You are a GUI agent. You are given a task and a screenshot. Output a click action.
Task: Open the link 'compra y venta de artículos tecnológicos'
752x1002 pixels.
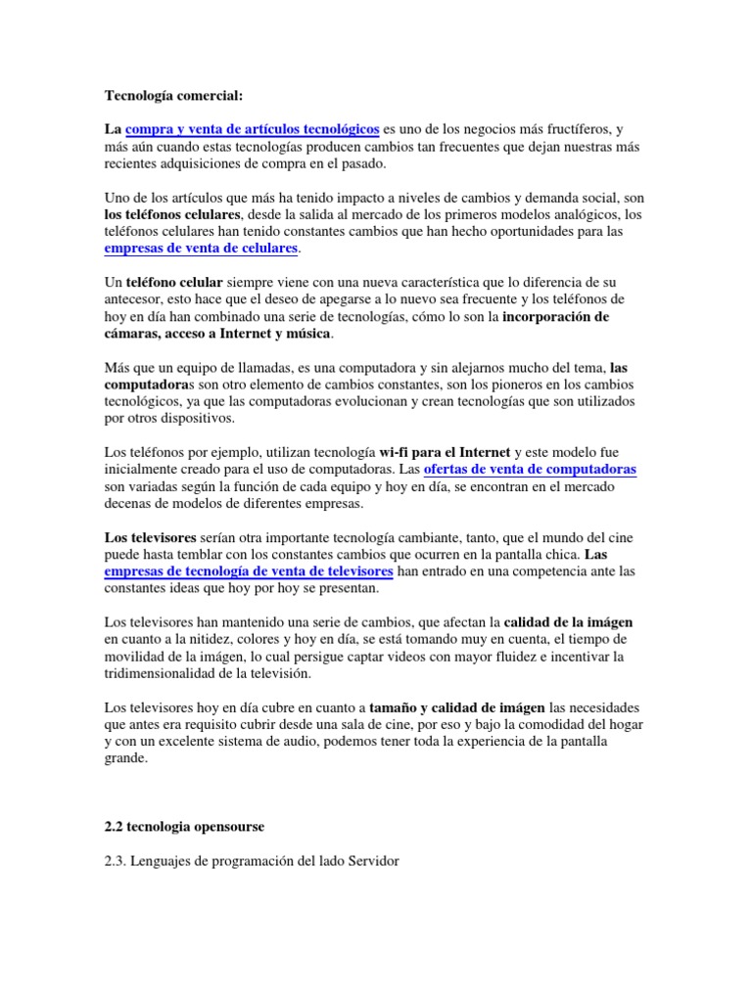(253, 129)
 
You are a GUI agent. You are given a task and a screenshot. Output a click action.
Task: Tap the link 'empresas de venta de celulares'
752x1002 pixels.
(201, 250)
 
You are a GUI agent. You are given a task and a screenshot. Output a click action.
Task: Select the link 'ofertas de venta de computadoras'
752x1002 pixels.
(530, 470)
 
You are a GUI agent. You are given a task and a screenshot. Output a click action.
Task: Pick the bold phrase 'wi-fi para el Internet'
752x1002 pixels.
(445, 452)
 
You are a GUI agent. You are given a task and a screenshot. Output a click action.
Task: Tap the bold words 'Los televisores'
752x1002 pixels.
(150, 537)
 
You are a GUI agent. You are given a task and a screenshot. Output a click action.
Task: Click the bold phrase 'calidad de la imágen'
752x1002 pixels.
(568, 621)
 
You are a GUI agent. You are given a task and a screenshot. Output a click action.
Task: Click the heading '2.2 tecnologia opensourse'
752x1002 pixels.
(184, 827)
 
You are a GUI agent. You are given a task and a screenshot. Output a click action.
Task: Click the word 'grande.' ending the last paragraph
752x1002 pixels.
(126, 757)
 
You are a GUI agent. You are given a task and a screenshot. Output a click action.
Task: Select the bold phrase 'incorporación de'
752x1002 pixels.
(556, 317)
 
